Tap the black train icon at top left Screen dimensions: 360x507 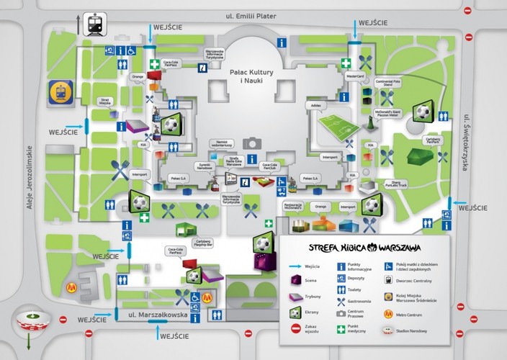[94, 24]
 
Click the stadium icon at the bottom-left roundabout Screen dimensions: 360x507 [30, 317]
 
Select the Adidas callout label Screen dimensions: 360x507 [315, 104]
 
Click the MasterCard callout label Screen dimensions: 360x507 [354, 75]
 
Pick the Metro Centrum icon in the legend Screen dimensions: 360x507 [390, 314]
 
